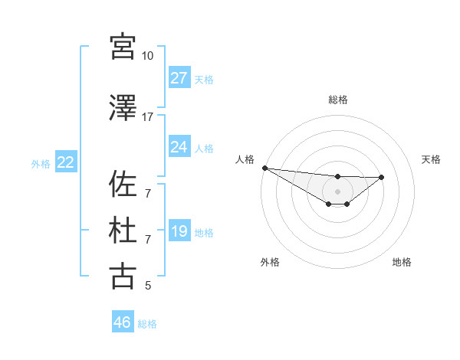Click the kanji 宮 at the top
click(x=123, y=47)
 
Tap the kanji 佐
click(x=123, y=184)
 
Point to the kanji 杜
click(x=123, y=231)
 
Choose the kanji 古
click(x=123, y=276)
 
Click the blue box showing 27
click(x=179, y=78)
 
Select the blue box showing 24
click(x=179, y=147)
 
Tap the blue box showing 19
click(x=179, y=232)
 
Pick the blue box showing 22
click(x=65, y=162)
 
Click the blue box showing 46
click(x=122, y=322)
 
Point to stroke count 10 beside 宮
click(x=147, y=56)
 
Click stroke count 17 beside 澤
click(x=147, y=116)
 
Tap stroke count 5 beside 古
click(x=148, y=286)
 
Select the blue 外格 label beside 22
click(x=41, y=163)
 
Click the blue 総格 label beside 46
click(x=147, y=324)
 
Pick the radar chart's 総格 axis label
click(x=337, y=100)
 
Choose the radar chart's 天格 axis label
click(x=432, y=159)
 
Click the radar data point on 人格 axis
click(x=264, y=168)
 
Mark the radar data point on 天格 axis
click(x=382, y=177)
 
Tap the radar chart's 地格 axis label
click(x=402, y=262)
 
